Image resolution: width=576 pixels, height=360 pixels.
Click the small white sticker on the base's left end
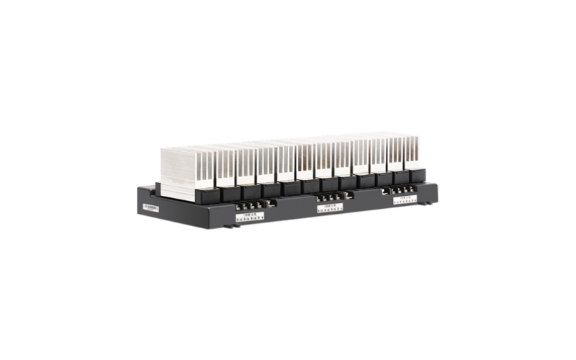coord(149,206)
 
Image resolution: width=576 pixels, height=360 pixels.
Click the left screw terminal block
coord(248,205)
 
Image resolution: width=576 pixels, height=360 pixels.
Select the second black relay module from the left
coord(230,192)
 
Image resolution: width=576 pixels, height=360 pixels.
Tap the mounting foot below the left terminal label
coord(234,226)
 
